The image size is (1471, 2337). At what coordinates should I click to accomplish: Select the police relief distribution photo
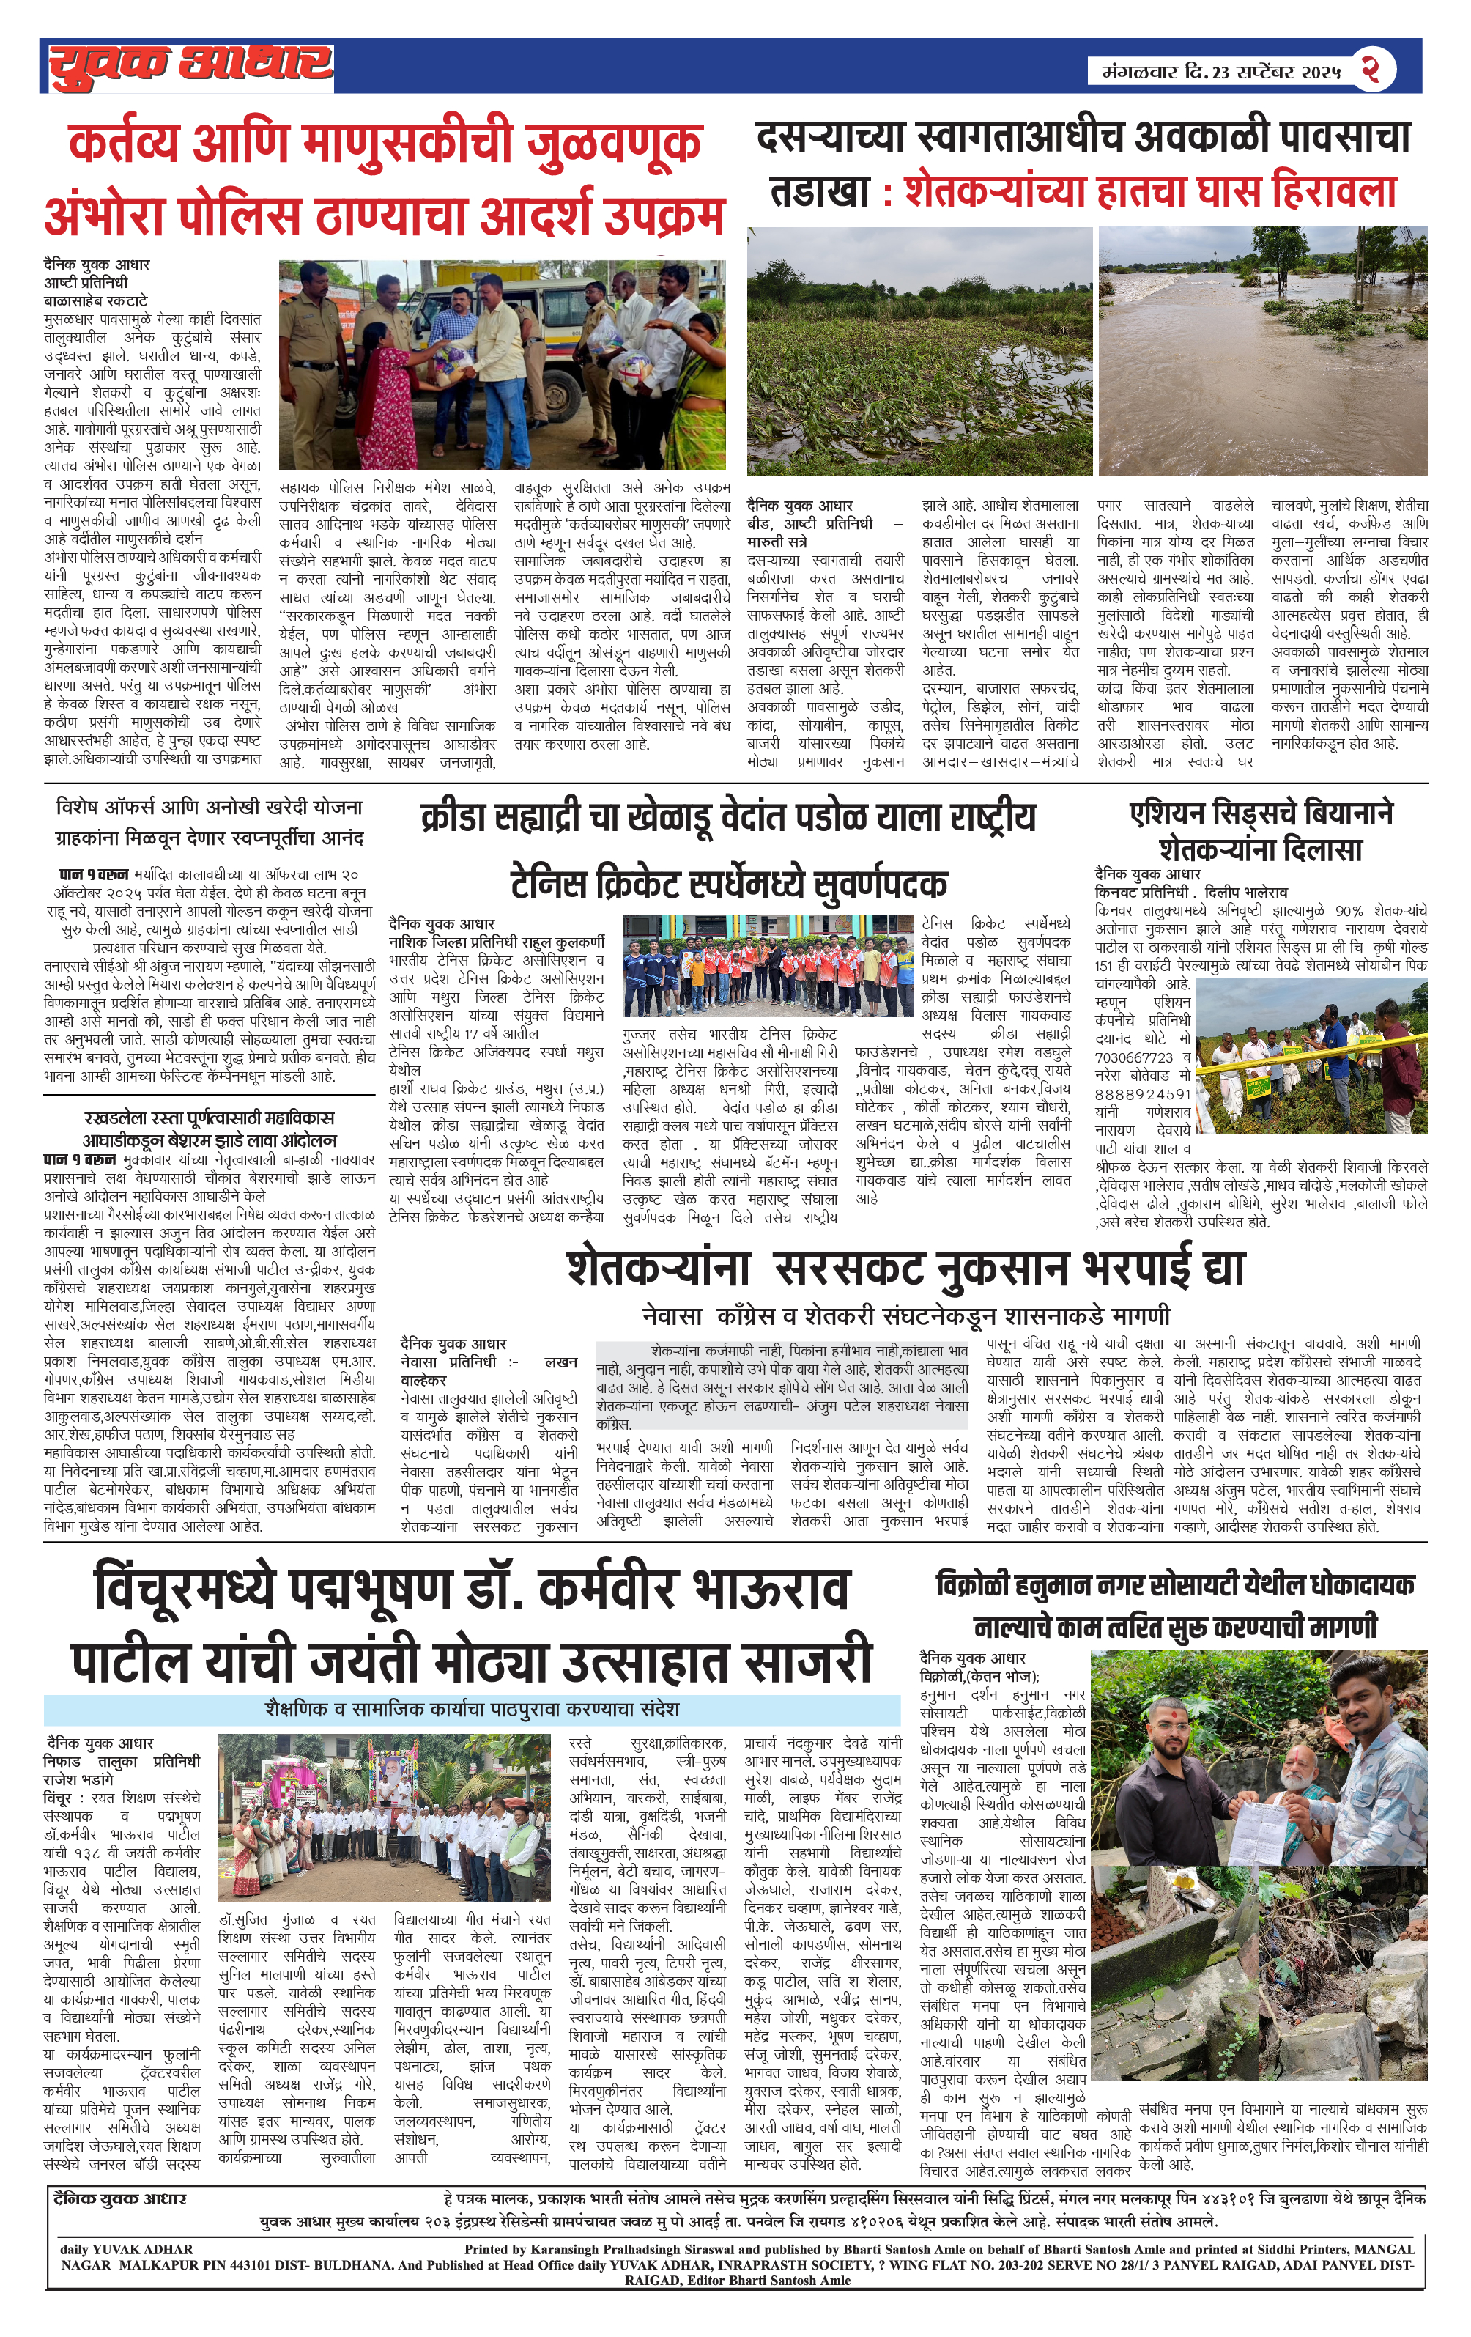pyautogui.click(x=502, y=365)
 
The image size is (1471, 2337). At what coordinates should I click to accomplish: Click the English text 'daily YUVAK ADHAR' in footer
pyautogui.click(x=126, y=2248)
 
